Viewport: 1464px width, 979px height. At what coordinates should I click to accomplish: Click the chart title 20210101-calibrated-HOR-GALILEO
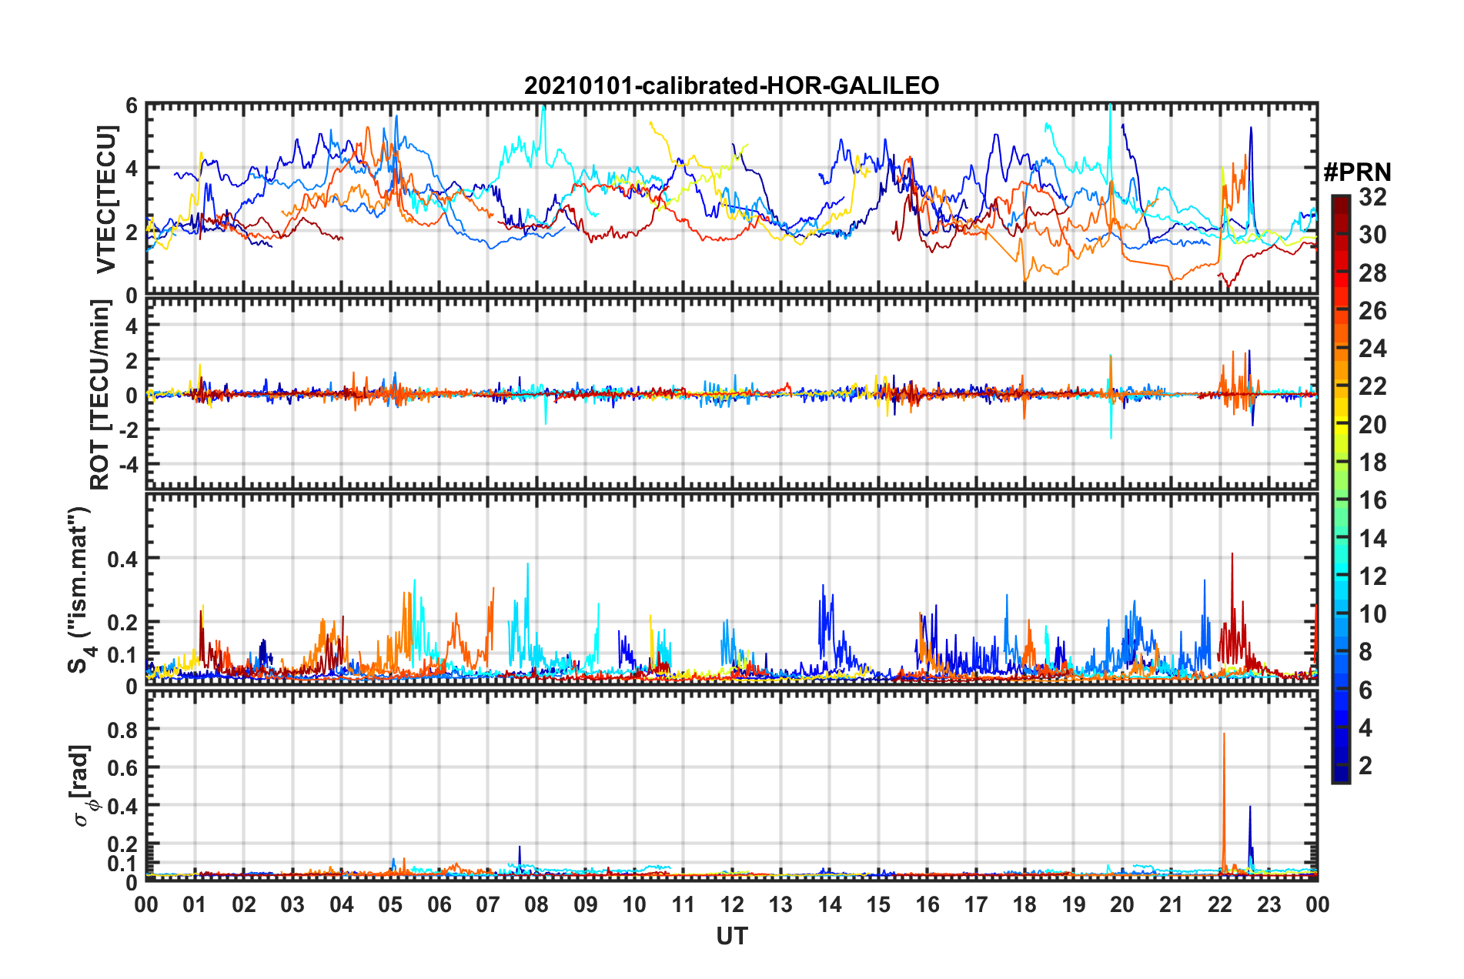point(731,85)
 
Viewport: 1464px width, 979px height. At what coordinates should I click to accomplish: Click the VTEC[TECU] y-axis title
point(106,200)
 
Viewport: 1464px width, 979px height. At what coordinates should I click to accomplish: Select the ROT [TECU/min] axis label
point(100,395)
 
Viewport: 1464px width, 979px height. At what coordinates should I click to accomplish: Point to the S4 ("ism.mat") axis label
point(80,590)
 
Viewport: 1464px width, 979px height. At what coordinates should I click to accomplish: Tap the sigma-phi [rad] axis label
point(82,785)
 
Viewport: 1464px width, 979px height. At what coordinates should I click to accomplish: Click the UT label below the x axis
point(731,937)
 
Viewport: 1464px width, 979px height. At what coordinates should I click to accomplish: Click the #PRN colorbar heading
point(1357,172)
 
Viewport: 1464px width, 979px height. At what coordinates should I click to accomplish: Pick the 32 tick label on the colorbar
point(1372,197)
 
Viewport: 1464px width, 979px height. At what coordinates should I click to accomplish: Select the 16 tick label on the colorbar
point(1372,500)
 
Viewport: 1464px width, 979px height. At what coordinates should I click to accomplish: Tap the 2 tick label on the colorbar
point(1365,766)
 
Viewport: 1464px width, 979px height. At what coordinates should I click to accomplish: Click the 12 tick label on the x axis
point(732,905)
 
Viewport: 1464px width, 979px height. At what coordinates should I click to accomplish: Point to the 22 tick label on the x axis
point(1220,905)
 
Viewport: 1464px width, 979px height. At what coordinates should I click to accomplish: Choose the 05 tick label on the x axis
point(390,905)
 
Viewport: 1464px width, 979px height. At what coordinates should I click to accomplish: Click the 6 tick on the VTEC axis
point(132,105)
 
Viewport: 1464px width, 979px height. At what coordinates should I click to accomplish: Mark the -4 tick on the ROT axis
point(126,465)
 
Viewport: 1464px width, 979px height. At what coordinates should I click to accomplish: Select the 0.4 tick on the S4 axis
point(122,559)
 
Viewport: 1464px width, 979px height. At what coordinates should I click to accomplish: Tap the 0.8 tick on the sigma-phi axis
point(122,730)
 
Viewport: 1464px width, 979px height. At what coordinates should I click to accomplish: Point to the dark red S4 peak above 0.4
point(1232,556)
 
